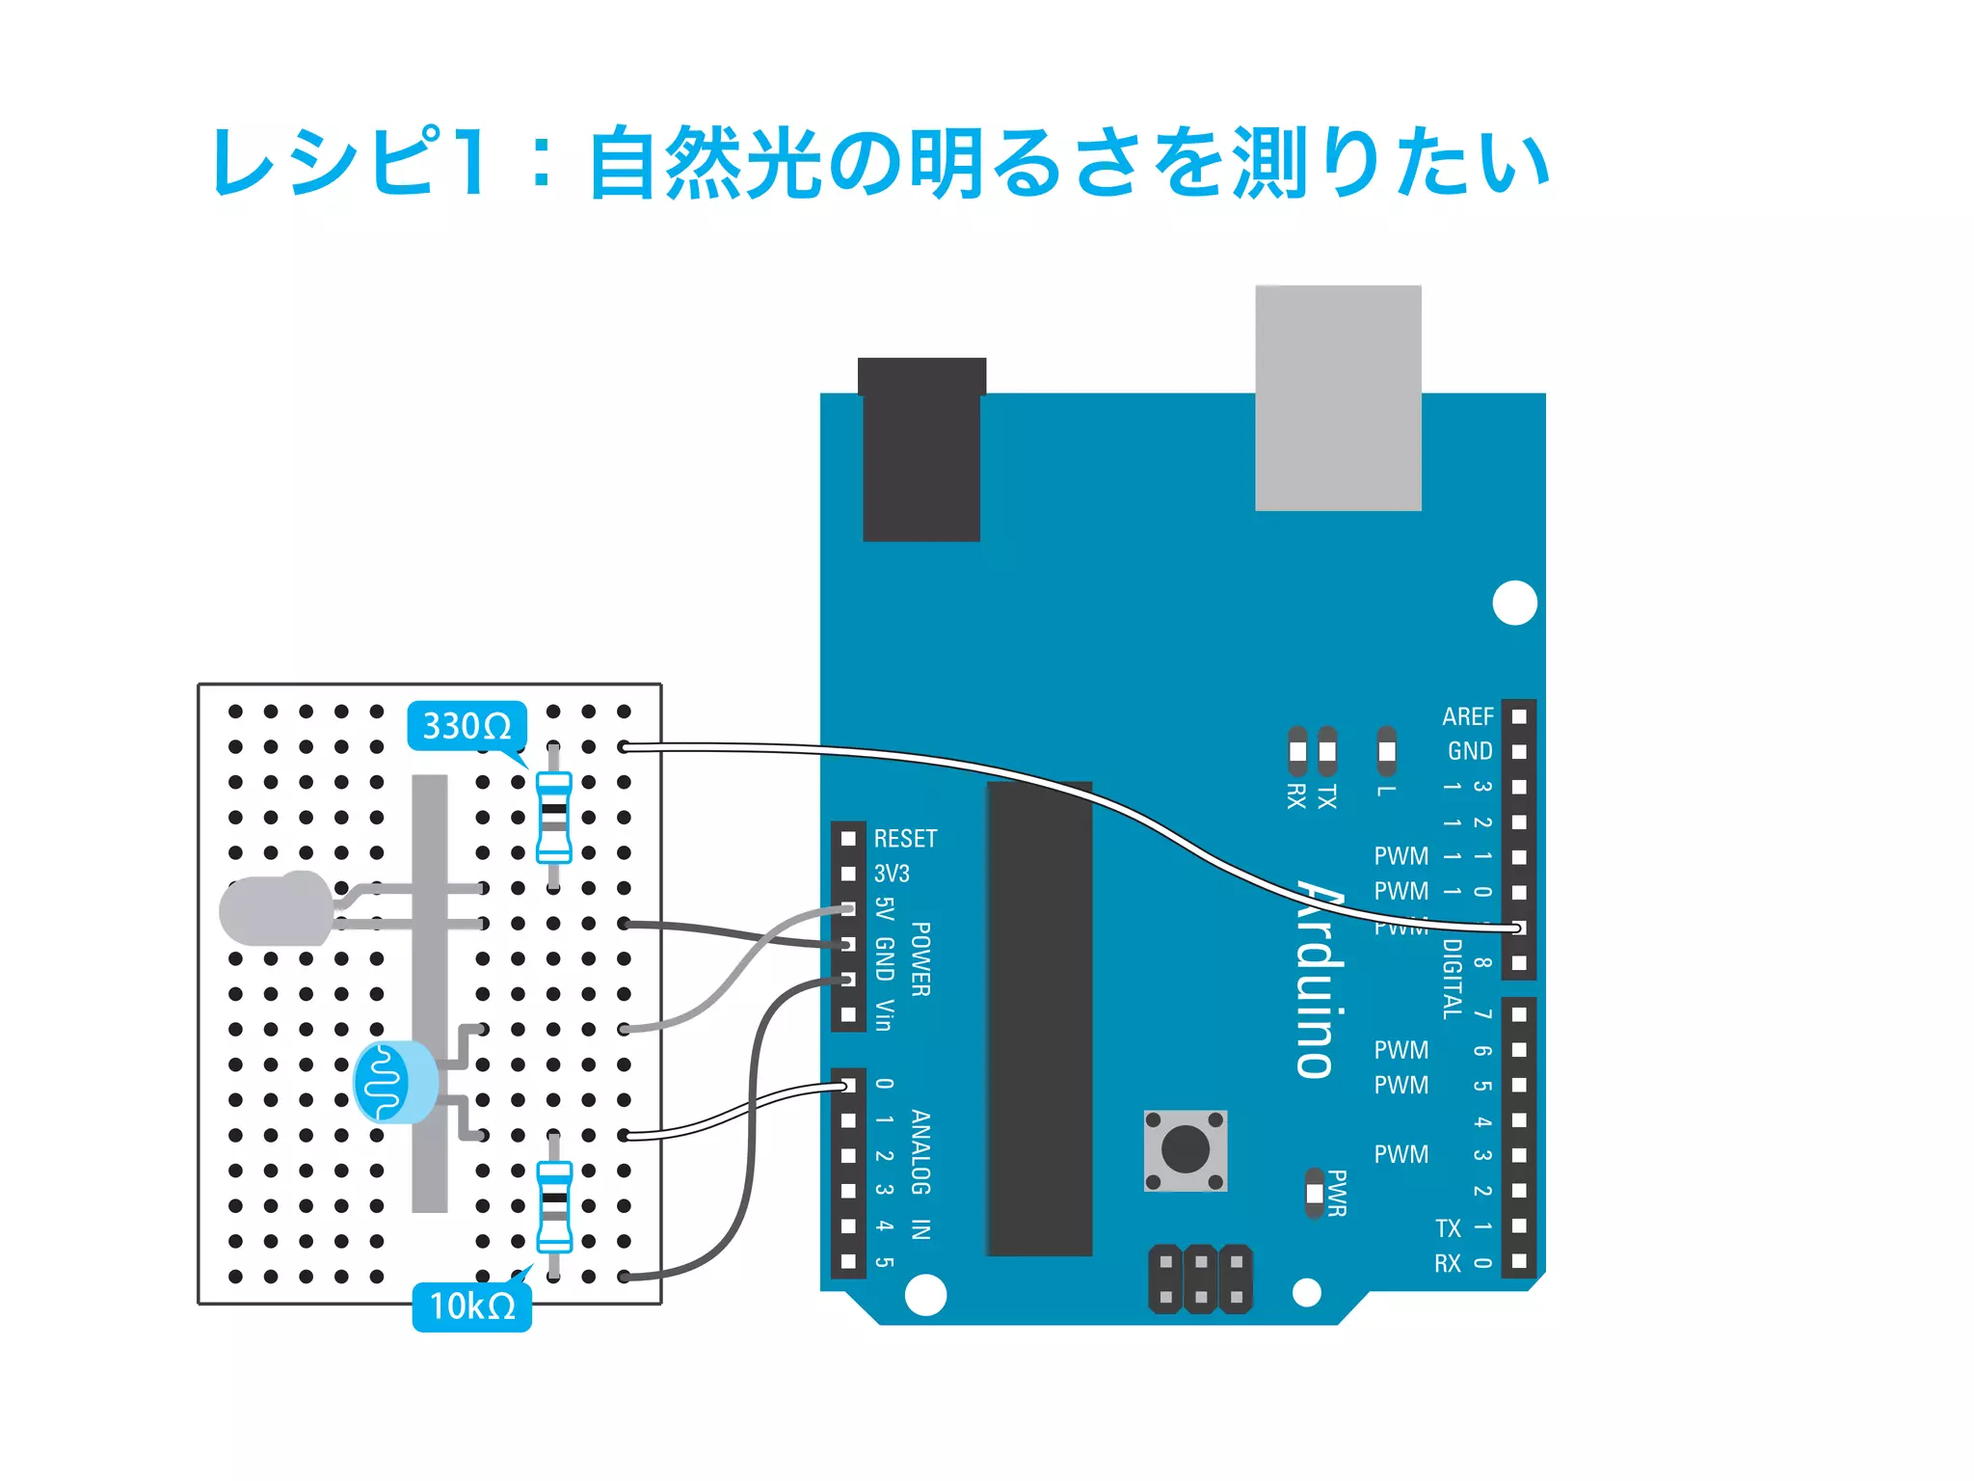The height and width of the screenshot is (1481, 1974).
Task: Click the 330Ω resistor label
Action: [467, 726]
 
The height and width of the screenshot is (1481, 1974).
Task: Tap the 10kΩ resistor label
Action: [472, 1306]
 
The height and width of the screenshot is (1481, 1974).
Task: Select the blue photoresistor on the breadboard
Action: [393, 1082]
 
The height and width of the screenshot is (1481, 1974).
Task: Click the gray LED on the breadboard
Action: [276, 908]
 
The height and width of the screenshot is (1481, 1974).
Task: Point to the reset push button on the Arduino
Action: [1186, 1150]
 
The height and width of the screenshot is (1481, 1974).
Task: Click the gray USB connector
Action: [1338, 397]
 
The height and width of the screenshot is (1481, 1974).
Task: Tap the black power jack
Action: [921, 450]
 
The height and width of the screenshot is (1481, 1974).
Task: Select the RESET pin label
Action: [905, 839]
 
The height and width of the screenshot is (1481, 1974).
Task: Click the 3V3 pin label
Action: [892, 874]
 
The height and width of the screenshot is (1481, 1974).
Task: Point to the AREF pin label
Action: [1467, 716]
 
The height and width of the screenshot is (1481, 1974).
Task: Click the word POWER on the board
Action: [920, 958]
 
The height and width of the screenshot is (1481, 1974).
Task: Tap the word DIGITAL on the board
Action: [1452, 979]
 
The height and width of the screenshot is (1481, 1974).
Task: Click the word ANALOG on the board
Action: [920, 1152]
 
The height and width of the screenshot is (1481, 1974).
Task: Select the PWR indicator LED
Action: [1314, 1194]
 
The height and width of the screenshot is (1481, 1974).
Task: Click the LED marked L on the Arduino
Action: [1386, 751]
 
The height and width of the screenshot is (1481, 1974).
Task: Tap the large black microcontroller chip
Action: [1039, 1018]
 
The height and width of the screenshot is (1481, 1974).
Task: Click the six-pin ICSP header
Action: [1200, 1279]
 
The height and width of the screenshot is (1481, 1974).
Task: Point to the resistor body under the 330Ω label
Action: [553, 817]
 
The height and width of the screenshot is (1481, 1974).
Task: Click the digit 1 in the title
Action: [473, 162]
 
